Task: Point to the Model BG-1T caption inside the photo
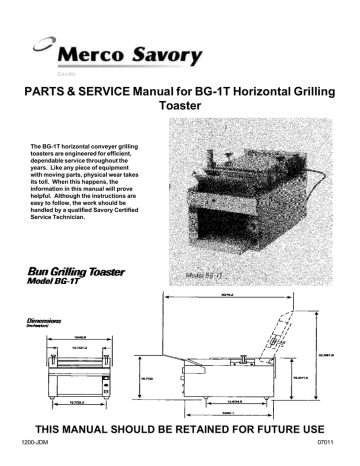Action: [x=209, y=273]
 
